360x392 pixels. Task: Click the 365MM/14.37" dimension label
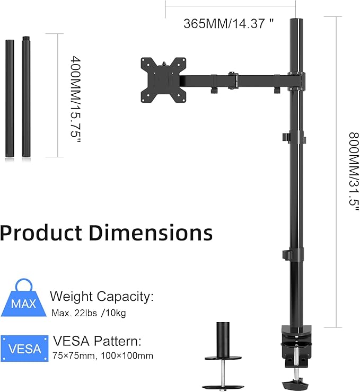pyautogui.click(x=229, y=24)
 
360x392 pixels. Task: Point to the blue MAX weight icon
pyautogui.click(x=23, y=300)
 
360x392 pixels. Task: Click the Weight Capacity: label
pyautogui.click(x=101, y=297)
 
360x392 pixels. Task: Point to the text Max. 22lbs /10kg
pyautogui.click(x=89, y=313)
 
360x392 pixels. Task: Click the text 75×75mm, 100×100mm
pyautogui.click(x=103, y=356)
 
